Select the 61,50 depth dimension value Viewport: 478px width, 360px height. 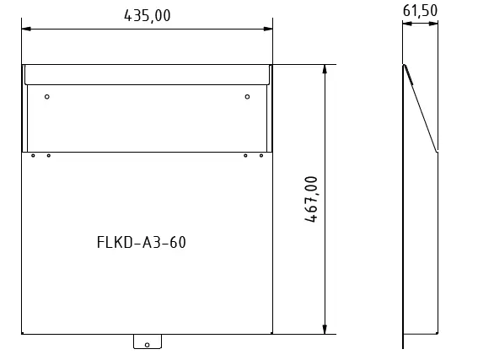[x=420, y=10]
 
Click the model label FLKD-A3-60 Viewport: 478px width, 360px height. [x=142, y=244]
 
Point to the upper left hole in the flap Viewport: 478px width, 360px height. [x=47, y=97]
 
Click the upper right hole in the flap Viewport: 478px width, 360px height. [x=247, y=97]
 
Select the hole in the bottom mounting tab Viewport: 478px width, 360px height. [x=147, y=344]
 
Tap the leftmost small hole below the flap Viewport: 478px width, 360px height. [x=33, y=155]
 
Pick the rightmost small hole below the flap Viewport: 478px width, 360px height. [x=261, y=155]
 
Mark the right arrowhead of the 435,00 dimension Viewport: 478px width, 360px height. [x=267, y=30]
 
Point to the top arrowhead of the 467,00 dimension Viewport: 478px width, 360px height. [x=325, y=70]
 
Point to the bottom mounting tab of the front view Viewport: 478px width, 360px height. [x=147, y=341]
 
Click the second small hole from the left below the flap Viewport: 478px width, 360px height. [x=48, y=155]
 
